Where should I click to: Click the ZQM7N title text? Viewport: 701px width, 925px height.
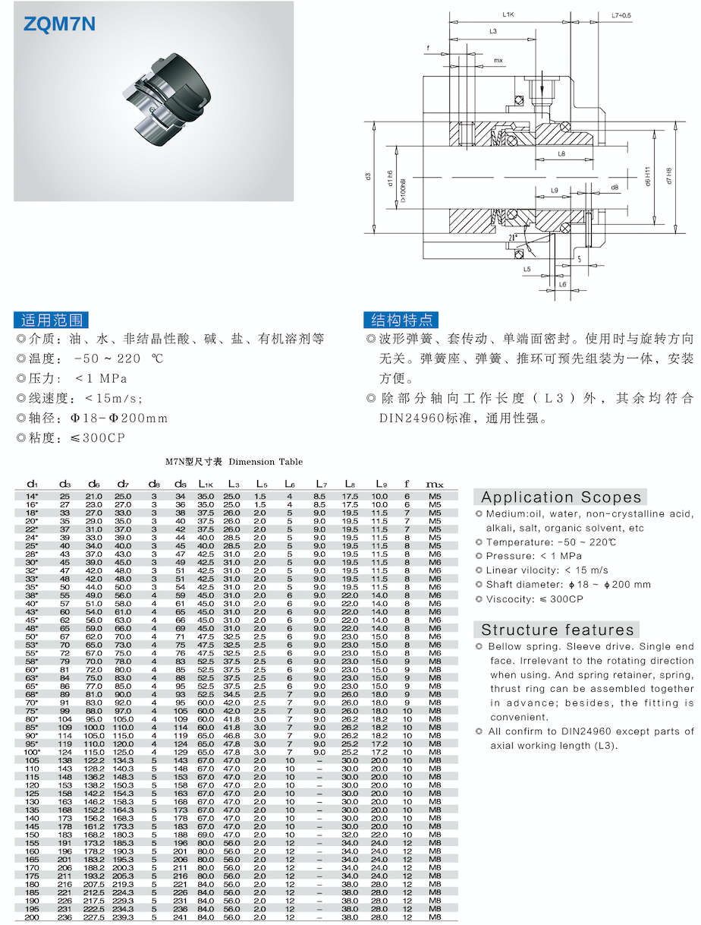pos(60,24)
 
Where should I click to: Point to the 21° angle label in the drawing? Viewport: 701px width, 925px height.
pos(514,237)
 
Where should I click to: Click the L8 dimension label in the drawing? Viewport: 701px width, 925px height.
pos(561,153)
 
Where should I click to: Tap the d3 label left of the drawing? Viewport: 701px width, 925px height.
pos(367,176)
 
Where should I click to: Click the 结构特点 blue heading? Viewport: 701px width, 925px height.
pos(401,319)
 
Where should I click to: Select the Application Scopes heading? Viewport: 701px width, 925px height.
pos(561,497)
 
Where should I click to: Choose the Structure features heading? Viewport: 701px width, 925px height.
pos(557,630)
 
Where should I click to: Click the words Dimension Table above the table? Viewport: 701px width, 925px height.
pos(266,462)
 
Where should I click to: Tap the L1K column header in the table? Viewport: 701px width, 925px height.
pos(206,484)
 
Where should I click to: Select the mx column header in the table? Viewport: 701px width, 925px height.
pos(435,484)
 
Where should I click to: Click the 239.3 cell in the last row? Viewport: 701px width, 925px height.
pos(123,917)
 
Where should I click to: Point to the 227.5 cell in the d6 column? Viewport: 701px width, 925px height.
pos(94,917)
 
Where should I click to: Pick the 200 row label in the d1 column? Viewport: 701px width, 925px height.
pos(32,917)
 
